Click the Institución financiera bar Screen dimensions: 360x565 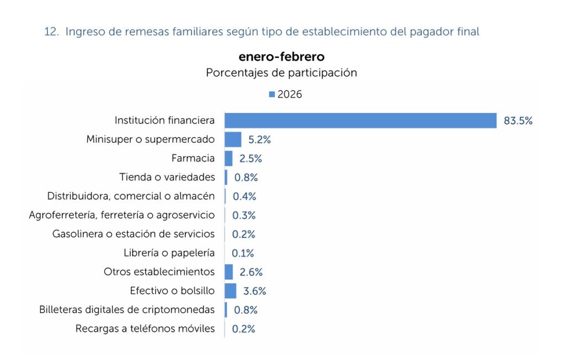pyautogui.click(x=360, y=121)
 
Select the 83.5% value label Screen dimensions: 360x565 pyautogui.click(x=518, y=121)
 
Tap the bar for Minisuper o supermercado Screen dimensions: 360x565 pyautogui.click(x=233, y=139)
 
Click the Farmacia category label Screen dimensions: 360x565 pyautogui.click(x=193, y=158)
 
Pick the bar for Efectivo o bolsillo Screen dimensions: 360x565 pyautogui.click(x=230, y=291)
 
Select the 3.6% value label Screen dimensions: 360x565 pyautogui.click(x=254, y=291)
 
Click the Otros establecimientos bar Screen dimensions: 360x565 pyautogui.click(x=228, y=272)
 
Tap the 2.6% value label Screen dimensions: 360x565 pyautogui.click(x=250, y=272)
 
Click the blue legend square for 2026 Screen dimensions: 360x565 pyautogui.click(x=271, y=95)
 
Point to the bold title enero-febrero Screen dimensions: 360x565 pyautogui.click(x=281, y=57)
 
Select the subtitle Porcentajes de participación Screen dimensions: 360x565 pyautogui.click(x=281, y=73)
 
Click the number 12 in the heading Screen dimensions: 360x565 pyautogui.click(x=50, y=32)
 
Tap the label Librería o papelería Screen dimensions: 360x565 pyautogui.click(x=169, y=253)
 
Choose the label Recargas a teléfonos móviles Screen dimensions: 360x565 pyautogui.click(x=145, y=329)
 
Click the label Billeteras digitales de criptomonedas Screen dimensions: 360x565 pyautogui.click(x=127, y=309)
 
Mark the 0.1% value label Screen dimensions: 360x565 pyautogui.click(x=243, y=254)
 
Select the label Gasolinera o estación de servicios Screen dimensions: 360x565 pyautogui.click(x=134, y=234)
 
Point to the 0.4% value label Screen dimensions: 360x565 pyautogui.click(x=244, y=196)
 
